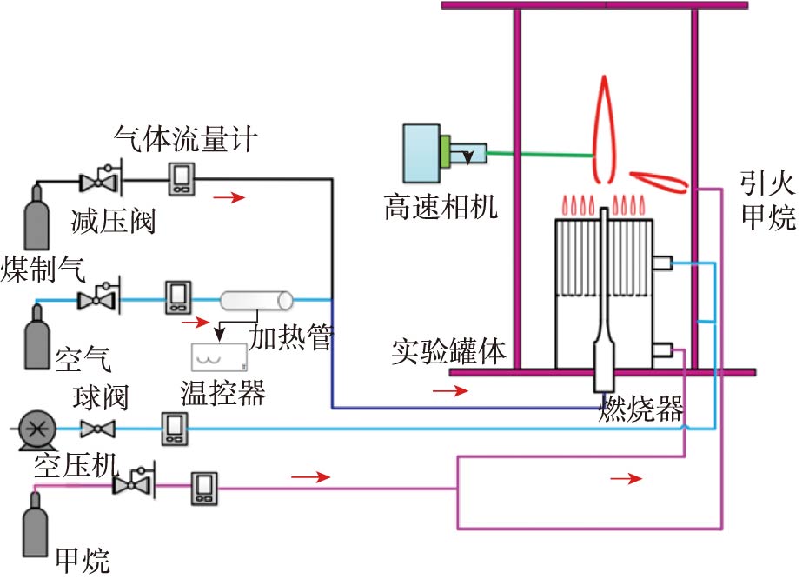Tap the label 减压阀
[113, 221]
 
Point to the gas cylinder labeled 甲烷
[36, 516]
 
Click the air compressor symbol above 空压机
[36, 428]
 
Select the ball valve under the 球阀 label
[97, 428]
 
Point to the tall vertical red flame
[606, 122]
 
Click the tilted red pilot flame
[657, 178]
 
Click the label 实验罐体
[448, 352]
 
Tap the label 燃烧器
[641, 409]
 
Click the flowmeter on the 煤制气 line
[181, 179]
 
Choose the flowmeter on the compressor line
[173, 428]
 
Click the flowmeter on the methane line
[206, 489]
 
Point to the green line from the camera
[539, 154]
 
